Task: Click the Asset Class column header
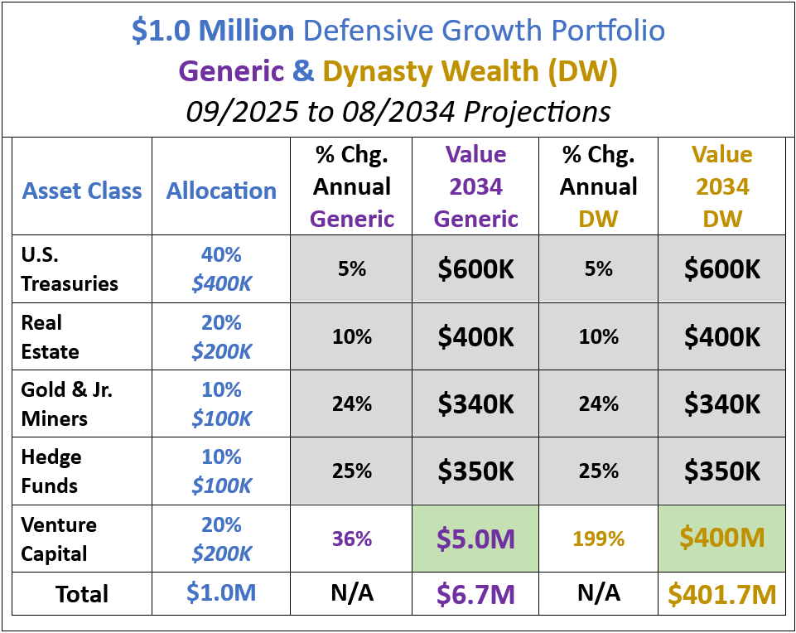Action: pos(82,191)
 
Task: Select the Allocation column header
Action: pos(221,191)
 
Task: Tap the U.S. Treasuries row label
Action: pos(70,269)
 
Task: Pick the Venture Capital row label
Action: pos(59,539)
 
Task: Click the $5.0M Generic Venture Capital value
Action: pos(475,539)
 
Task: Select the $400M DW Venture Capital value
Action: pos(721,538)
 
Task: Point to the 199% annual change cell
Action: pos(599,539)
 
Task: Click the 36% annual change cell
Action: pos(352,539)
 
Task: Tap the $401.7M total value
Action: pos(721,594)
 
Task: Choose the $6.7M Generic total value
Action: pos(475,594)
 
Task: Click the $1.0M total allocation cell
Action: pos(221,594)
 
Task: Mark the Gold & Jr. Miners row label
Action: pos(66,404)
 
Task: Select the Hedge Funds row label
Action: pos(51,471)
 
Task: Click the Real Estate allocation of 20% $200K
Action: pos(221,336)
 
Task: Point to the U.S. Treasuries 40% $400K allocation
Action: pos(221,269)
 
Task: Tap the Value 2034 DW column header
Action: pos(721,186)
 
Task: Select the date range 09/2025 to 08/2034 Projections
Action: pos(398,110)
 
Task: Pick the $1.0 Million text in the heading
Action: pos(213,31)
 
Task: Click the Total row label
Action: pos(82,594)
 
